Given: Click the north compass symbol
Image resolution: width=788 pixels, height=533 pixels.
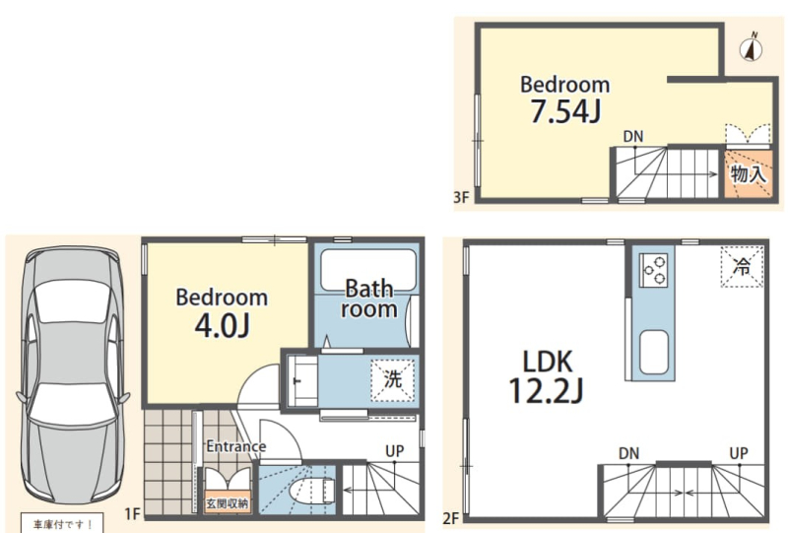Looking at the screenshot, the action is [x=751, y=48].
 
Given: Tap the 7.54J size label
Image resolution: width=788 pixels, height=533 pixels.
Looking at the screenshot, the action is [x=565, y=111].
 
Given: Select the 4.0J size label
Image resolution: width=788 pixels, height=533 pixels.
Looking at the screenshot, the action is [x=222, y=325].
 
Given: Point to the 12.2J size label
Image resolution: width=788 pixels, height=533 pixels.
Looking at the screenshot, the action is [x=547, y=391].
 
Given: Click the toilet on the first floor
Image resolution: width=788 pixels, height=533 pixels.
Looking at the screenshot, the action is [x=313, y=490].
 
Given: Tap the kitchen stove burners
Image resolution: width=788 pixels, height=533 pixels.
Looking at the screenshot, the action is [x=653, y=270].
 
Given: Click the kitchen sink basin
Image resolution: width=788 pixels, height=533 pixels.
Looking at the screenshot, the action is [x=654, y=352].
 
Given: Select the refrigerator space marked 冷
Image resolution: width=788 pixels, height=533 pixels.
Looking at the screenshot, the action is [x=742, y=266].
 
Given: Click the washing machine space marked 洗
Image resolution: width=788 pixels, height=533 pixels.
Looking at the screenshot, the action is [x=392, y=380].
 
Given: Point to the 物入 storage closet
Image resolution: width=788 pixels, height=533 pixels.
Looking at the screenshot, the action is [x=749, y=174].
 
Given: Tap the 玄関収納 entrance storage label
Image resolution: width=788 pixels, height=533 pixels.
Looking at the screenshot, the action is [x=228, y=503].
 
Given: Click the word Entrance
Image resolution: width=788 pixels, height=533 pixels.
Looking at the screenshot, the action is [x=236, y=446].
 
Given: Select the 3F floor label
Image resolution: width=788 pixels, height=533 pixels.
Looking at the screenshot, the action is [x=461, y=197].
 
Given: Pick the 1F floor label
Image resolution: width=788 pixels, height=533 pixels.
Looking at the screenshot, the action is [x=132, y=514].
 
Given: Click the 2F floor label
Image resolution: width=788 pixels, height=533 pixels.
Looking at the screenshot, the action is [x=451, y=518].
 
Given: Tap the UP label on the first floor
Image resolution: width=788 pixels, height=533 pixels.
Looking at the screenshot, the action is [x=395, y=451].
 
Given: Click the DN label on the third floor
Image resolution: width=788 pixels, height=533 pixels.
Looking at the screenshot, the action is [x=633, y=136].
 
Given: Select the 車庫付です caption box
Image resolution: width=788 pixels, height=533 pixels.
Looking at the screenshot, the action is [x=62, y=523].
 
